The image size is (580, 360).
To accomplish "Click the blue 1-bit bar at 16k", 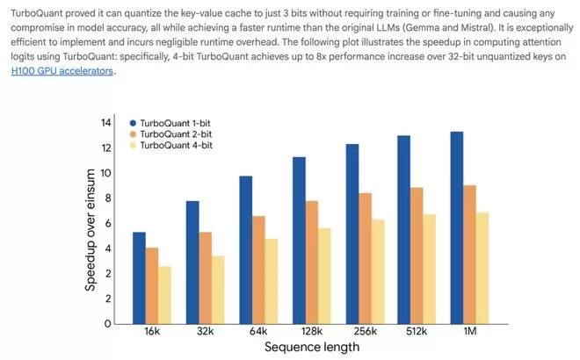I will (x=139, y=277).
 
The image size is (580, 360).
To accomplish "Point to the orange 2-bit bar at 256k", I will (x=365, y=258).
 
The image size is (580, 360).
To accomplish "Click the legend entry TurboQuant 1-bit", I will (x=176, y=123).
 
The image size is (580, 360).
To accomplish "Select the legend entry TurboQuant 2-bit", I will (x=176, y=134).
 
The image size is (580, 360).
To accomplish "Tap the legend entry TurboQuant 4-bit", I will (x=176, y=146).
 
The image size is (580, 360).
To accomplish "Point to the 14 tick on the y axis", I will (x=106, y=122).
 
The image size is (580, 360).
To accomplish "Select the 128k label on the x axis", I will (x=312, y=334).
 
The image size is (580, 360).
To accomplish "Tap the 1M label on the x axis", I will (x=471, y=334).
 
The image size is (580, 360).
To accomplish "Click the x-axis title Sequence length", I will (x=312, y=348).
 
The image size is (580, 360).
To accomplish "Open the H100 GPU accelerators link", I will (x=62, y=71).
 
